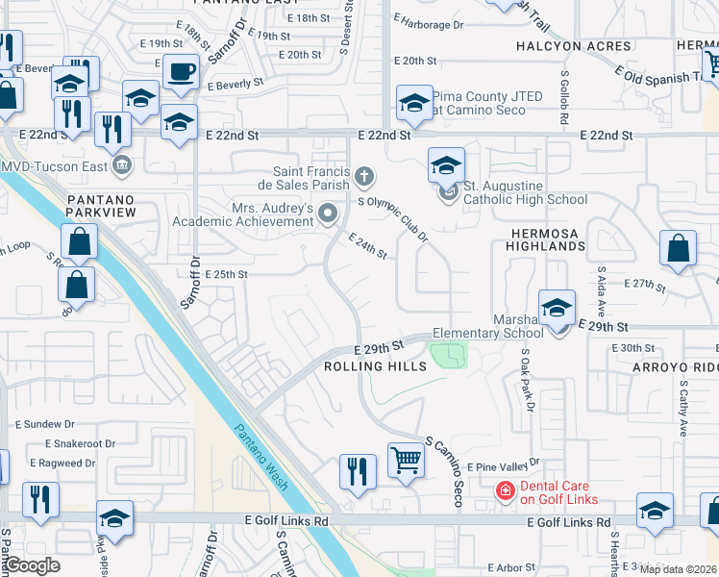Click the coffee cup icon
(x=181, y=70)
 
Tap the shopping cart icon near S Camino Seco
(x=406, y=462)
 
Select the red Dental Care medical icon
(x=504, y=491)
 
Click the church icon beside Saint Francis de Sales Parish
(x=363, y=176)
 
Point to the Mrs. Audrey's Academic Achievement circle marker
(x=329, y=213)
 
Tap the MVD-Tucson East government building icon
(x=121, y=165)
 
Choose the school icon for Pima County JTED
(x=413, y=104)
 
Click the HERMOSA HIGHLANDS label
(x=537, y=245)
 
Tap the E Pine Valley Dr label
(x=506, y=466)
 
